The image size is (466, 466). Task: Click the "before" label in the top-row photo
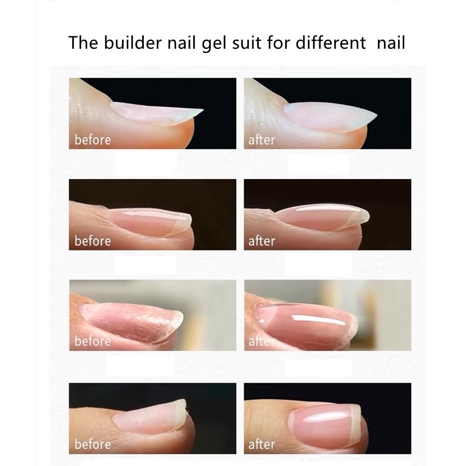[93, 140]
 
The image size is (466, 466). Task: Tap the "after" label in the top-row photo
[262, 140]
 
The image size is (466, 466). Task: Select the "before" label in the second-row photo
[93, 241]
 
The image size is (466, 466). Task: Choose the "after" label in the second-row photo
[262, 241]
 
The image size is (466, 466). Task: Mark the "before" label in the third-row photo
[93, 341]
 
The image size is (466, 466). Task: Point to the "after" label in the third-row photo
[260, 341]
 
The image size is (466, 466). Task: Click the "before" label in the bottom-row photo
[93, 444]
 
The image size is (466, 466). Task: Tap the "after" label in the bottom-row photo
[262, 444]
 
